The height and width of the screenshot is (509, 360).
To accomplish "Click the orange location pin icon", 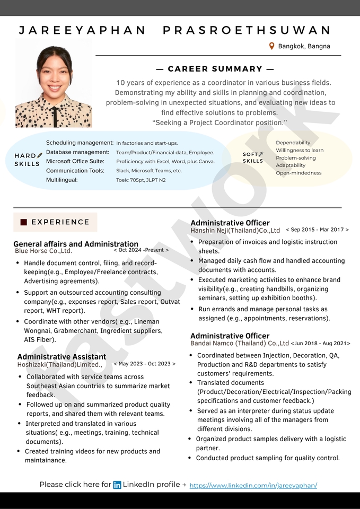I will [272, 46].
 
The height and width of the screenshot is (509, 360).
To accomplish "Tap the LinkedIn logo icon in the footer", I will [117, 485].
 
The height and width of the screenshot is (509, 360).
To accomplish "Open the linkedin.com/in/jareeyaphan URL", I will [253, 485].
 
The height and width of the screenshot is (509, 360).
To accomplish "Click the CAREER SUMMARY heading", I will [215, 69].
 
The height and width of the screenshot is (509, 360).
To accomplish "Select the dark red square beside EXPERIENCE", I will [23, 222].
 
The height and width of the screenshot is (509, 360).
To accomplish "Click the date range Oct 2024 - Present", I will [141, 250].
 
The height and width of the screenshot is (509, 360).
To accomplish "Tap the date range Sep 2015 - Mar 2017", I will [317, 230].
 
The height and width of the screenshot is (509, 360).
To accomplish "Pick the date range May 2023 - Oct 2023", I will [144, 364].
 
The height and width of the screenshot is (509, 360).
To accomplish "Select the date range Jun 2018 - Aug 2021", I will [320, 344].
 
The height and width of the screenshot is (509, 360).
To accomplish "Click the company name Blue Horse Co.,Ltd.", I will [43, 251].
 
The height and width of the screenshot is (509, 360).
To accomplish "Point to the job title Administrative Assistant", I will [62, 357].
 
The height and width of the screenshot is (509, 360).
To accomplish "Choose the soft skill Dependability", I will [293, 143].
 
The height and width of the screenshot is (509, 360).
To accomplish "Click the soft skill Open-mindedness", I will [298, 173].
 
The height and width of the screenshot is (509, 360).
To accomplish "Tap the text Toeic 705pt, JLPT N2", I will [141, 180].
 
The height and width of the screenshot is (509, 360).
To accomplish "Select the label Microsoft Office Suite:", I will [75, 161].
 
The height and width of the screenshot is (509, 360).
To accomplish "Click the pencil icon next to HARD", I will [40, 155].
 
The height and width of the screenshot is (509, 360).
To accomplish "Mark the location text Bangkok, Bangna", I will [304, 46].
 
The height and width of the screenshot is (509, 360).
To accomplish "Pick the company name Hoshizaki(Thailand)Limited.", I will [59, 365].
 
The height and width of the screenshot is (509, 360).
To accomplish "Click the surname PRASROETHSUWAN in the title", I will [247, 30].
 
